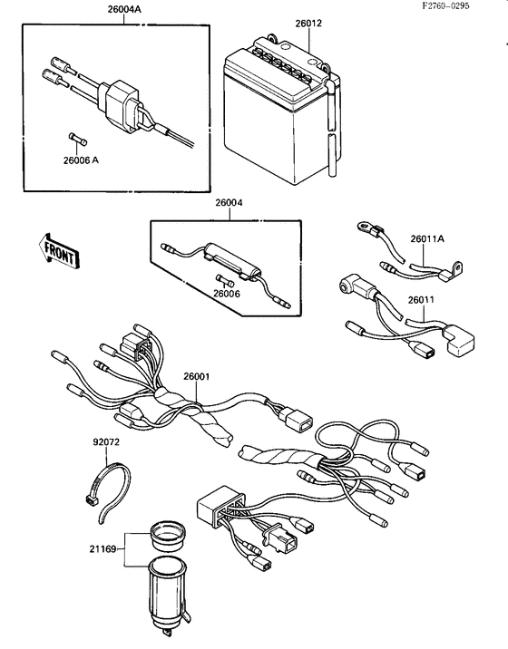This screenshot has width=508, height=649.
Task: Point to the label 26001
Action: tap(199, 376)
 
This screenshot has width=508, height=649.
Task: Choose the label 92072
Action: tap(107, 445)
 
